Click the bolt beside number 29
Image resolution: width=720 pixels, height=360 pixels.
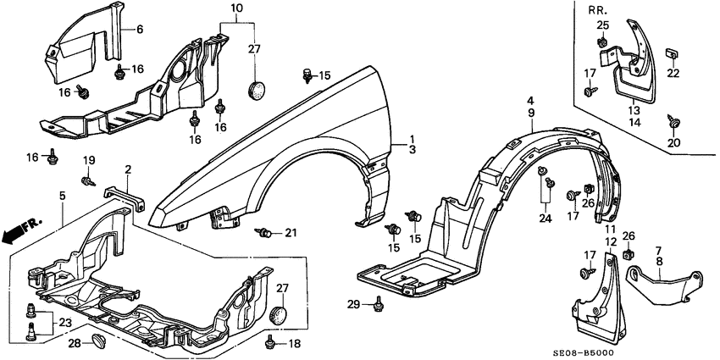click(x=378, y=302)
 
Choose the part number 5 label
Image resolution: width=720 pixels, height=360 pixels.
click(x=62, y=197)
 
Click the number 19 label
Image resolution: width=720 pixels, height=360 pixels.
click(x=89, y=161)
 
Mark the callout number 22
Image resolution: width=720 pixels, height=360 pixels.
click(x=673, y=74)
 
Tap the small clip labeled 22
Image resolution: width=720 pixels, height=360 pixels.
click(x=672, y=55)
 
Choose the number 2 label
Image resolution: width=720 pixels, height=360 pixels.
click(x=127, y=170)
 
